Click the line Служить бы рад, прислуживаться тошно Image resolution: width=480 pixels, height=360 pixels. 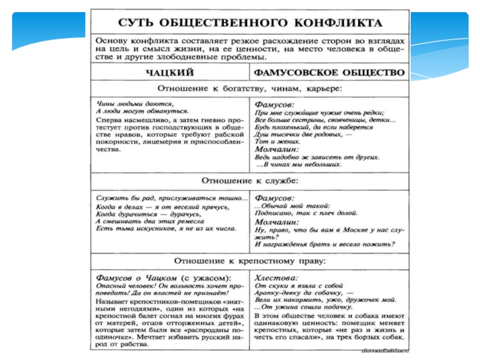172,197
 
